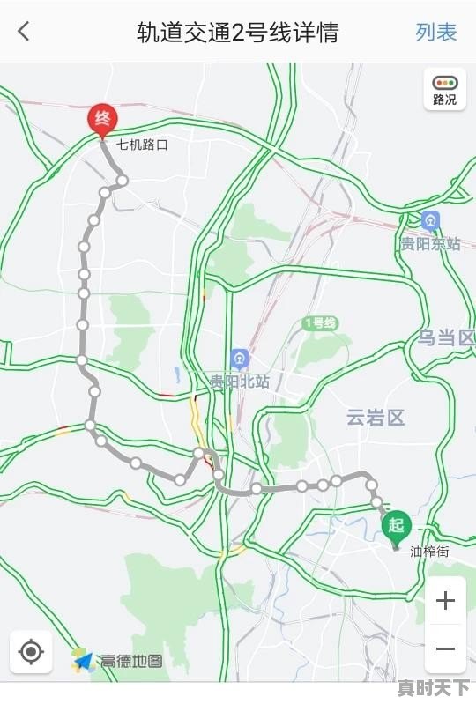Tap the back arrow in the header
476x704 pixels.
pyautogui.click(x=24, y=33)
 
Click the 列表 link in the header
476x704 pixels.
pyautogui.click(x=436, y=33)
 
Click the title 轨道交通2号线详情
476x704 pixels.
pyautogui.click(x=237, y=33)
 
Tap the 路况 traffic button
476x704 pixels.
pyautogui.click(x=445, y=89)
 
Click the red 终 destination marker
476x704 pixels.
pyautogui.click(x=102, y=120)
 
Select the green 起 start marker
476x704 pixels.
pyautogui.click(x=396, y=526)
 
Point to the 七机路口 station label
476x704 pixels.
pyautogui.click(x=142, y=144)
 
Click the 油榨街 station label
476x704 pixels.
pyautogui.click(x=429, y=552)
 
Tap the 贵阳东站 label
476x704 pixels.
pyautogui.click(x=430, y=244)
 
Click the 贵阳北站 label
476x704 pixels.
pyautogui.click(x=239, y=382)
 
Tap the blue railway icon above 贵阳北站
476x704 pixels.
pyautogui.click(x=239, y=359)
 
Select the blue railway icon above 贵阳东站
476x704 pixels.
pyautogui.click(x=430, y=220)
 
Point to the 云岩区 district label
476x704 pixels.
pyautogui.click(x=376, y=418)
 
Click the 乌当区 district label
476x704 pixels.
pyautogui.click(x=446, y=337)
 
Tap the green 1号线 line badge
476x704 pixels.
pyautogui.click(x=320, y=323)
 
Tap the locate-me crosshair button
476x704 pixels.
pyautogui.click(x=31, y=652)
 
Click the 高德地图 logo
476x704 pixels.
pyautogui.click(x=118, y=660)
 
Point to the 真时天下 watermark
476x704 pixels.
pyautogui.click(x=433, y=688)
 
